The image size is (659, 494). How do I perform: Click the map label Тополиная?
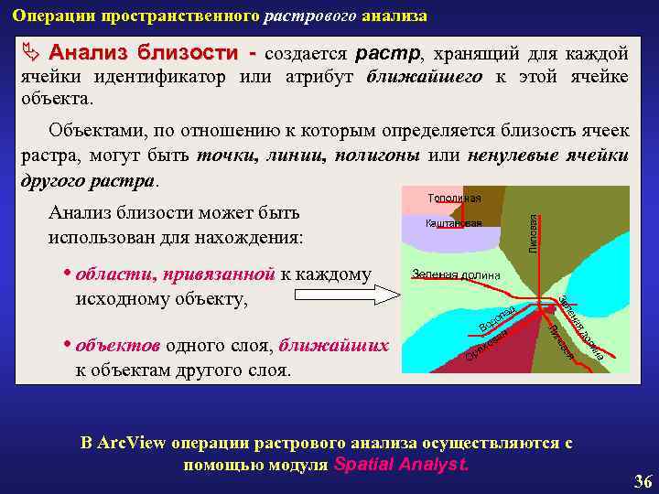point(454,199)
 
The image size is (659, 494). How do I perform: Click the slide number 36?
point(643,481)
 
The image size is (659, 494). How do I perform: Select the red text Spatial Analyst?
point(402,464)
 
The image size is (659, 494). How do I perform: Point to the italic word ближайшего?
point(424,77)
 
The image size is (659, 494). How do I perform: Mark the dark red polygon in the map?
point(513,357)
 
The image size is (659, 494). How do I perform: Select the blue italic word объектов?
point(117,346)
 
